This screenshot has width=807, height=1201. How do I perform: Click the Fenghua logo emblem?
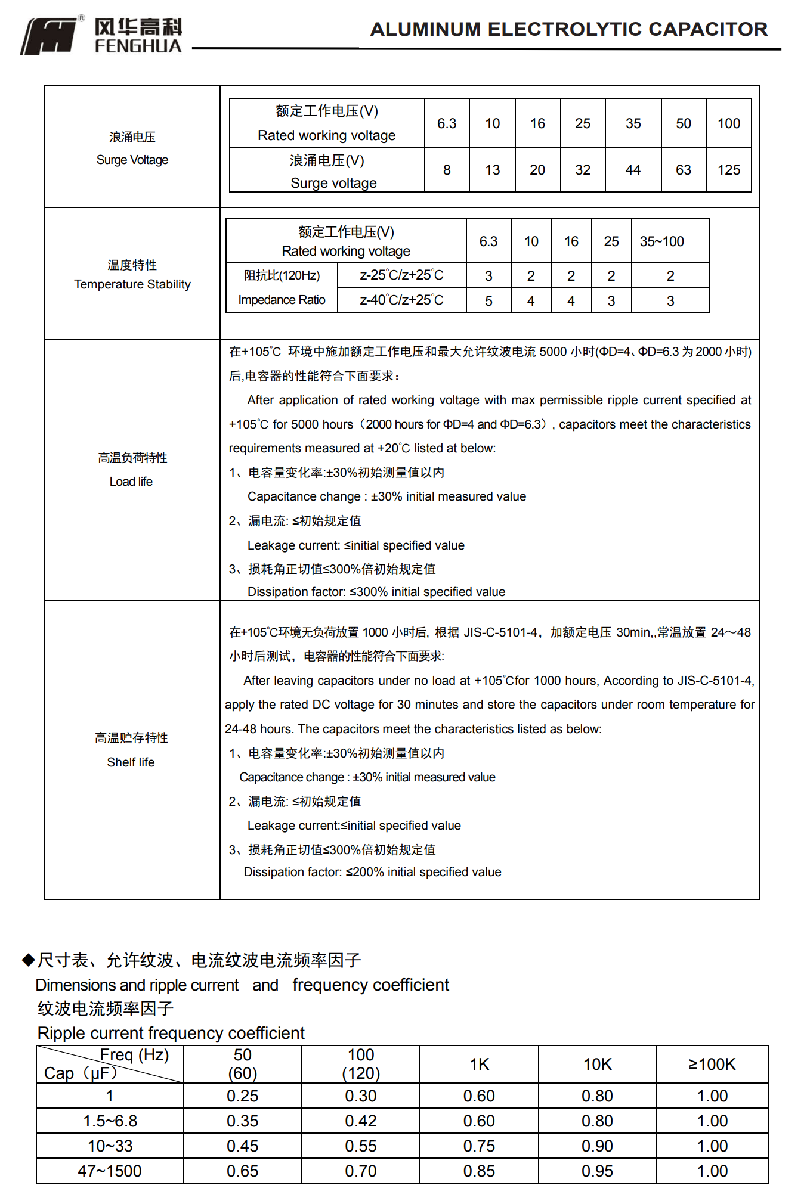click(50, 36)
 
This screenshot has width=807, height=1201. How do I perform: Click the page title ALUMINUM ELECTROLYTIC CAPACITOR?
click(568, 29)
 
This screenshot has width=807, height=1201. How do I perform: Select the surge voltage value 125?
click(728, 170)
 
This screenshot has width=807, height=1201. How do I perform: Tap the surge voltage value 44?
click(633, 170)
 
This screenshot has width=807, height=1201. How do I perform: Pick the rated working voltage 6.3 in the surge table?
click(446, 123)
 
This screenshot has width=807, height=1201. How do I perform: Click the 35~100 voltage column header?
click(661, 241)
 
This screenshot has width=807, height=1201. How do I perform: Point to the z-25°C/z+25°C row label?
click(401, 275)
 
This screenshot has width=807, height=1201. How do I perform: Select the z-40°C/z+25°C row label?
click(401, 300)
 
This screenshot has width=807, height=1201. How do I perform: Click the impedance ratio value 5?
click(488, 301)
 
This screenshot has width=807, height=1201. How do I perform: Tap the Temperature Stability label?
click(132, 284)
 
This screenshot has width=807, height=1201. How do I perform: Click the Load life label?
click(131, 482)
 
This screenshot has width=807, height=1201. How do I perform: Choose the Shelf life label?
click(131, 762)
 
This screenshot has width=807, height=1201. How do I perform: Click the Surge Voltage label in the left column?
click(132, 160)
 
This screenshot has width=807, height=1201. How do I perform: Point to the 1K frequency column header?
click(479, 1065)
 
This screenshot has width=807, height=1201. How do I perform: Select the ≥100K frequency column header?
click(712, 1065)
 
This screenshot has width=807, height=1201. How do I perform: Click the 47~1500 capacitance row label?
click(110, 1171)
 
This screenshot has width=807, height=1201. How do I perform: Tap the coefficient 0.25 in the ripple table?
click(242, 1096)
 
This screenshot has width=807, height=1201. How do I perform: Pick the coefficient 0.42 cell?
click(360, 1121)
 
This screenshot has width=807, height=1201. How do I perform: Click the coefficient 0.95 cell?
click(597, 1171)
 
